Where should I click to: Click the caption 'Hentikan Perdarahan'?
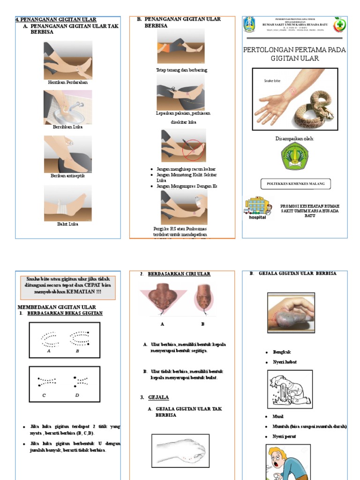68,82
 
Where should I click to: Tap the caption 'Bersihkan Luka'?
67,127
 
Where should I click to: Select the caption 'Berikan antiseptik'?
68,175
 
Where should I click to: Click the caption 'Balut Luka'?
68,224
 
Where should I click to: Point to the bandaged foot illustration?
68,203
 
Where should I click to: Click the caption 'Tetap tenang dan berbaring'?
181,70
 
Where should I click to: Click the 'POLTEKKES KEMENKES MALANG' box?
295,183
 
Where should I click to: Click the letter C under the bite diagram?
44,395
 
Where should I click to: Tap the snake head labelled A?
162,300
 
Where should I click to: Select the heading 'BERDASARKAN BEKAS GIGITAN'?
65,313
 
